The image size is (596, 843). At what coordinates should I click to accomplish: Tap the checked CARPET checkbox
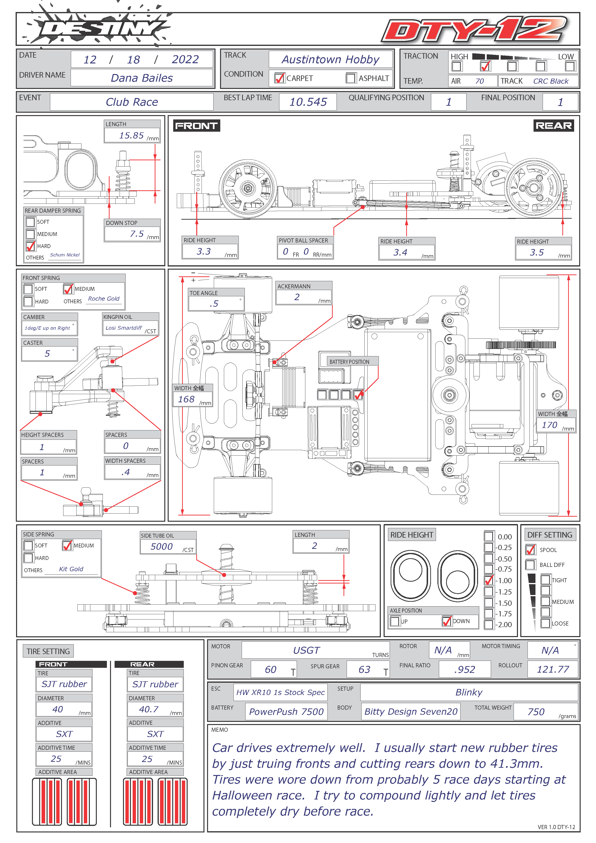280,78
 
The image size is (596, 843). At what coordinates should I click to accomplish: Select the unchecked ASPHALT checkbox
351,78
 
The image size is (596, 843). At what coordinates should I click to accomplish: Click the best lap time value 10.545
308,102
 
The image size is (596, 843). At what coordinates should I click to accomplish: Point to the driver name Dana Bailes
142,78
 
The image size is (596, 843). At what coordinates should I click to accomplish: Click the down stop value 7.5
137,234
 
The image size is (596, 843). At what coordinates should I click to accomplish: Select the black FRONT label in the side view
196,126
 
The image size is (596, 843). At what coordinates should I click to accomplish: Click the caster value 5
47,353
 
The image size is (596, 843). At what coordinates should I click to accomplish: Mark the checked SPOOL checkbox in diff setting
530,550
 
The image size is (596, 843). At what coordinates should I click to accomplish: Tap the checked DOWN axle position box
447,621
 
